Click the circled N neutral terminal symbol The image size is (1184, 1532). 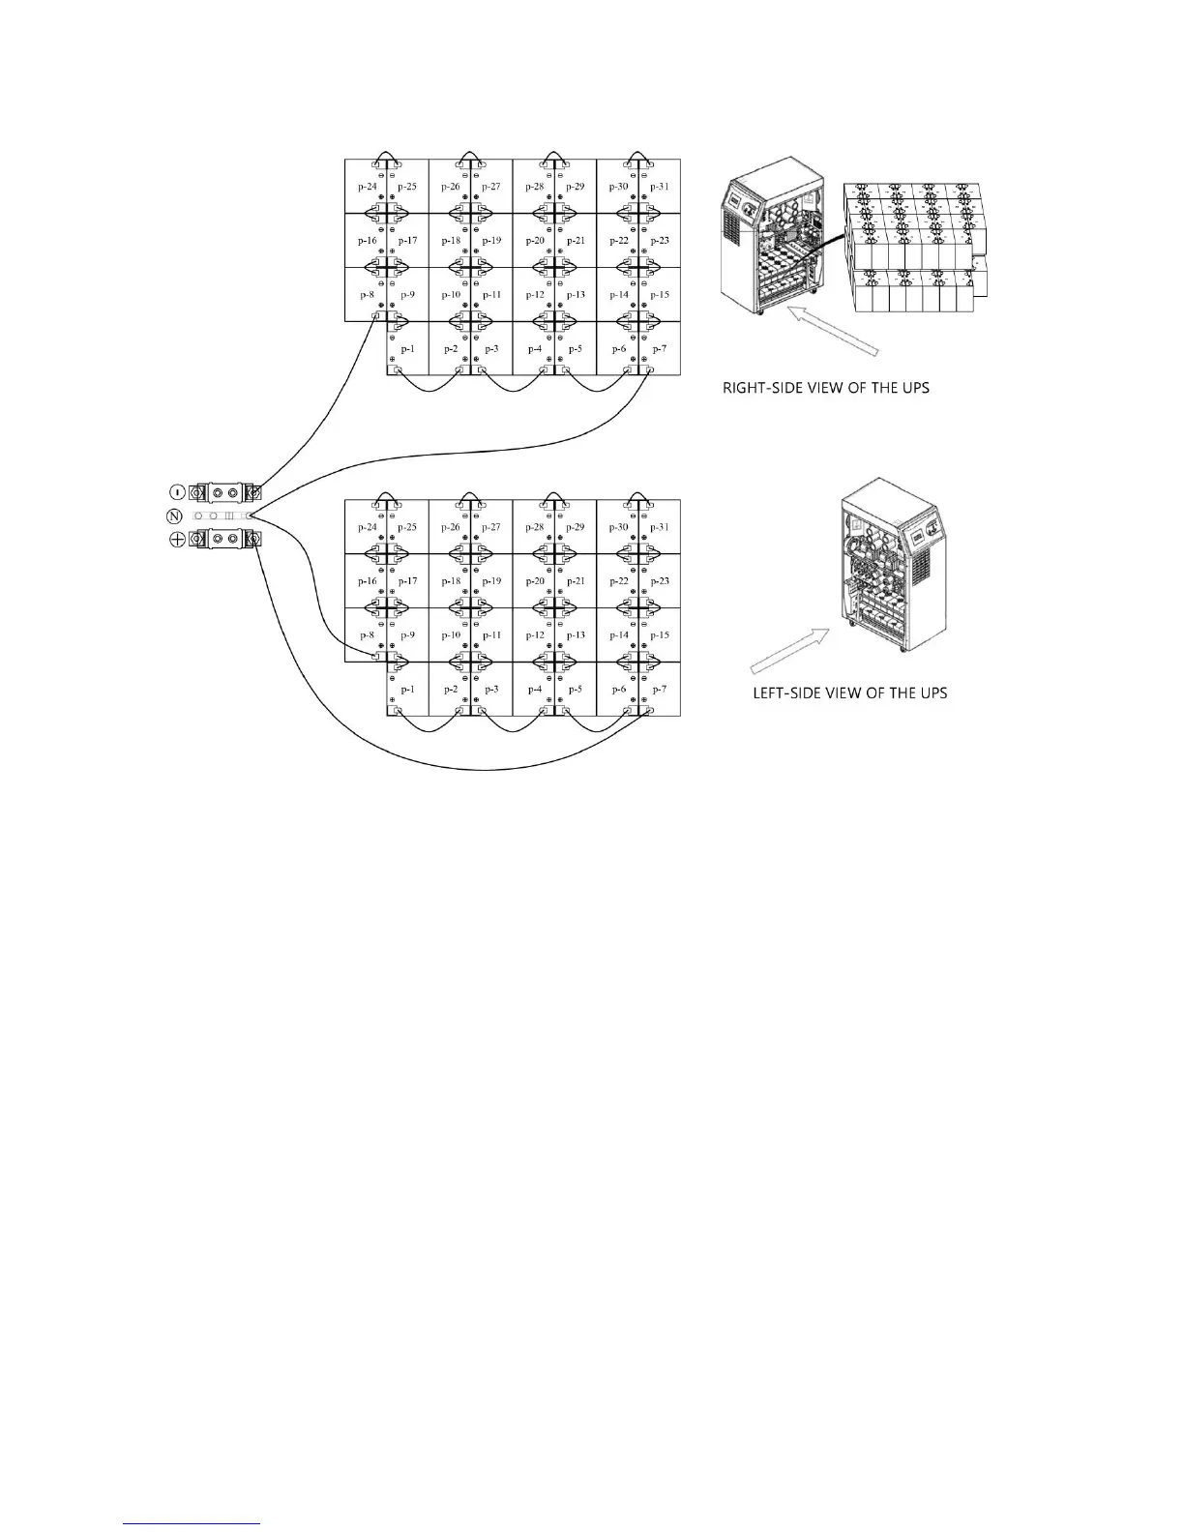tap(175, 516)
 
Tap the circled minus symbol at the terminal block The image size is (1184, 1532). tap(177, 493)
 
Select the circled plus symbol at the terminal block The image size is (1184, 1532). tap(177, 540)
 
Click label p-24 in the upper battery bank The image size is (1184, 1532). tap(368, 187)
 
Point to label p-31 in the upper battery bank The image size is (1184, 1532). tap(660, 187)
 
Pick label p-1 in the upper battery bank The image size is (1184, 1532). tap(407, 349)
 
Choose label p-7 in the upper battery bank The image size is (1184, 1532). tap(660, 349)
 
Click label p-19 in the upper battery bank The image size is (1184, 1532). tap(491, 241)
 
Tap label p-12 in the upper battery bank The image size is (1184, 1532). tap(535, 295)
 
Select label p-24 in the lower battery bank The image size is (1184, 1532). tap(368, 527)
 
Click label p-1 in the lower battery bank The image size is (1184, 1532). tap(407, 690)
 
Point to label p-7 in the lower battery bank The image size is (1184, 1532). tap(660, 690)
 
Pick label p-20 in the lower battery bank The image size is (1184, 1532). tap(535, 581)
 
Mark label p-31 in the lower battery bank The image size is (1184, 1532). tap(660, 527)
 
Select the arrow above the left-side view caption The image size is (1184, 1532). tap(791, 648)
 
